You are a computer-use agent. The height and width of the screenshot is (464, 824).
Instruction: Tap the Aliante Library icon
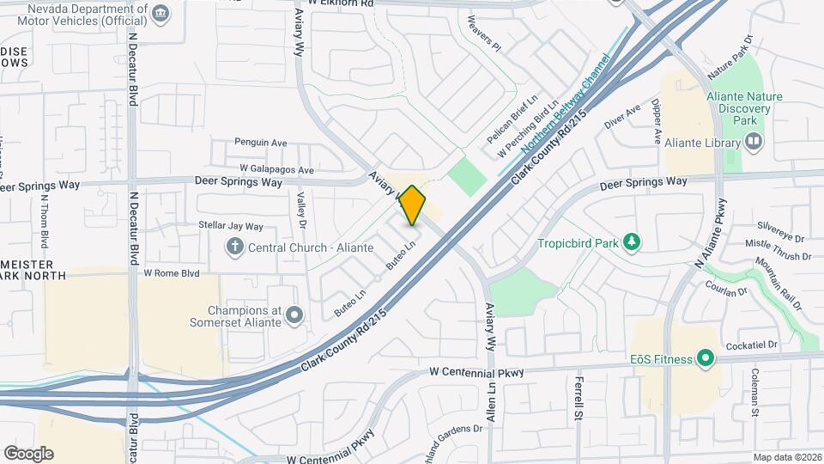(754, 140)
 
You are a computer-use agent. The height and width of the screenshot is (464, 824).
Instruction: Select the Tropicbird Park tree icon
(633, 243)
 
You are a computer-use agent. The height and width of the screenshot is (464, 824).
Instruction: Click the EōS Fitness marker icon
(706, 358)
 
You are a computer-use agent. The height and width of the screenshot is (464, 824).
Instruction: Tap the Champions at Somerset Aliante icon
(295, 315)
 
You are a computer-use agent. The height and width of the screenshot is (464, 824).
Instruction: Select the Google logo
(27, 454)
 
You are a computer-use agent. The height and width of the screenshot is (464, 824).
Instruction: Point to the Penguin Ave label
(260, 142)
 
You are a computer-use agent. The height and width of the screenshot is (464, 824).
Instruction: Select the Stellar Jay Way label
(230, 226)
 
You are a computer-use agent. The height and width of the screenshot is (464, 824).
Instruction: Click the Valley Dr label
(301, 211)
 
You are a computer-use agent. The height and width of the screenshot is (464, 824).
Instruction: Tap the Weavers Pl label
(483, 32)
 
